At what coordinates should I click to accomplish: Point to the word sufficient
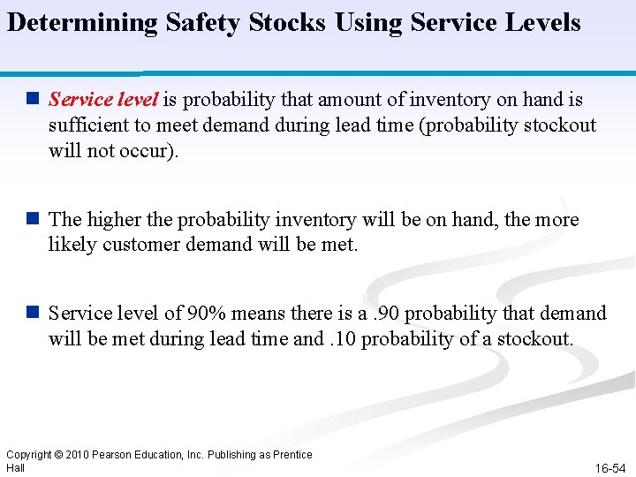pyautogui.click(x=88, y=125)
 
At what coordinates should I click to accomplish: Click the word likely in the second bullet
pyautogui.click(x=72, y=244)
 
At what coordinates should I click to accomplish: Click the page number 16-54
pyautogui.click(x=610, y=468)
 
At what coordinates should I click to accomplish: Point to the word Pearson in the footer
pyautogui.click(x=117, y=455)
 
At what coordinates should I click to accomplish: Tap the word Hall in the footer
pyautogui.click(x=15, y=467)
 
